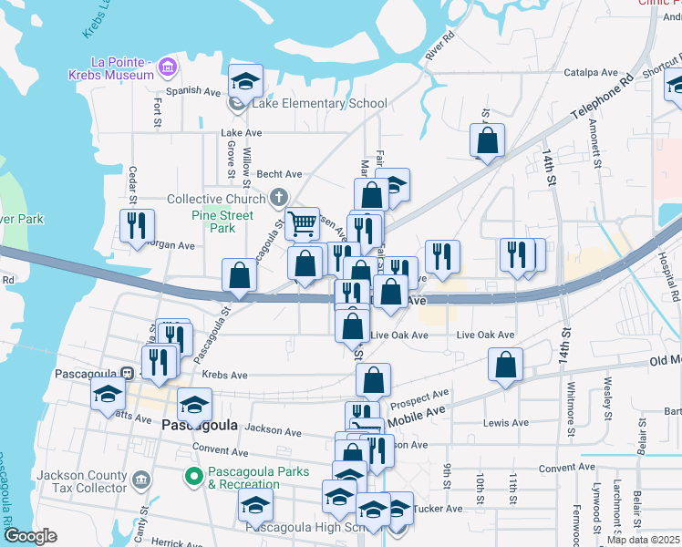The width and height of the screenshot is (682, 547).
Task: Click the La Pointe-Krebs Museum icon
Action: (167, 67)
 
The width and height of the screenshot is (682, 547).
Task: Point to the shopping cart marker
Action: (302, 222)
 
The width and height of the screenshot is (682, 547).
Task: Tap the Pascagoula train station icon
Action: (129, 373)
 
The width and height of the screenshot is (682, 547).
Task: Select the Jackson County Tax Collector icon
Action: (140, 480)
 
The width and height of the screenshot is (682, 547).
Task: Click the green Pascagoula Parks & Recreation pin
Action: (193, 476)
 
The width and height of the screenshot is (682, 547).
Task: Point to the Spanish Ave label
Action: (193, 91)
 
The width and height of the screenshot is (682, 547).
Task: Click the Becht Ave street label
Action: (278, 174)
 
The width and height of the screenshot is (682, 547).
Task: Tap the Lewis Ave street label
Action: (506, 423)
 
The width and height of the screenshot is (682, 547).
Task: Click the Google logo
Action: (31, 536)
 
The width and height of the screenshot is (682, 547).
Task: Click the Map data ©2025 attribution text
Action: (643, 540)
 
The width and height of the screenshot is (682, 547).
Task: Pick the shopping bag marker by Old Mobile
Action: (505, 365)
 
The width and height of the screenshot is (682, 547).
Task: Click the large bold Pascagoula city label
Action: (199, 426)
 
